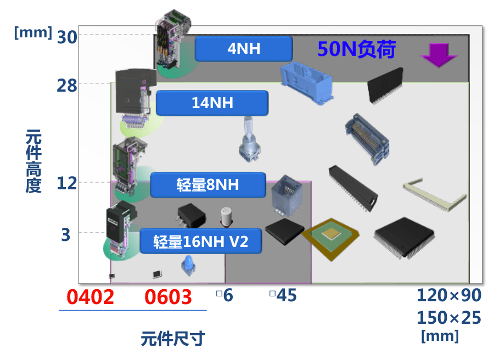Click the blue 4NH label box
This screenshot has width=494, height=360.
click(243, 49)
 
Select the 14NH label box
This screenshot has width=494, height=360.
click(212, 103)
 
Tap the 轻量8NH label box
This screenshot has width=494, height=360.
click(207, 185)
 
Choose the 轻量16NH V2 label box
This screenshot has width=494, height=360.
click(201, 241)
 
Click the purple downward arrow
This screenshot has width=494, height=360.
click(439, 55)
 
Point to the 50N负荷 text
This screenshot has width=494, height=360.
click(356, 49)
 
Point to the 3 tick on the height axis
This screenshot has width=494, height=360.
click(66, 235)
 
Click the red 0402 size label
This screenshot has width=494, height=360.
click(91, 297)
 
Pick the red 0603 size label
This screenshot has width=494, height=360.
click(169, 297)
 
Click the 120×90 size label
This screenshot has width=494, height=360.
click(448, 295)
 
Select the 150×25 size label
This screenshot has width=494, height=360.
click(448, 317)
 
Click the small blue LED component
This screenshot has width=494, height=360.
click(186, 267)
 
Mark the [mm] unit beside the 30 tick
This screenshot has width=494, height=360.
click(33, 32)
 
